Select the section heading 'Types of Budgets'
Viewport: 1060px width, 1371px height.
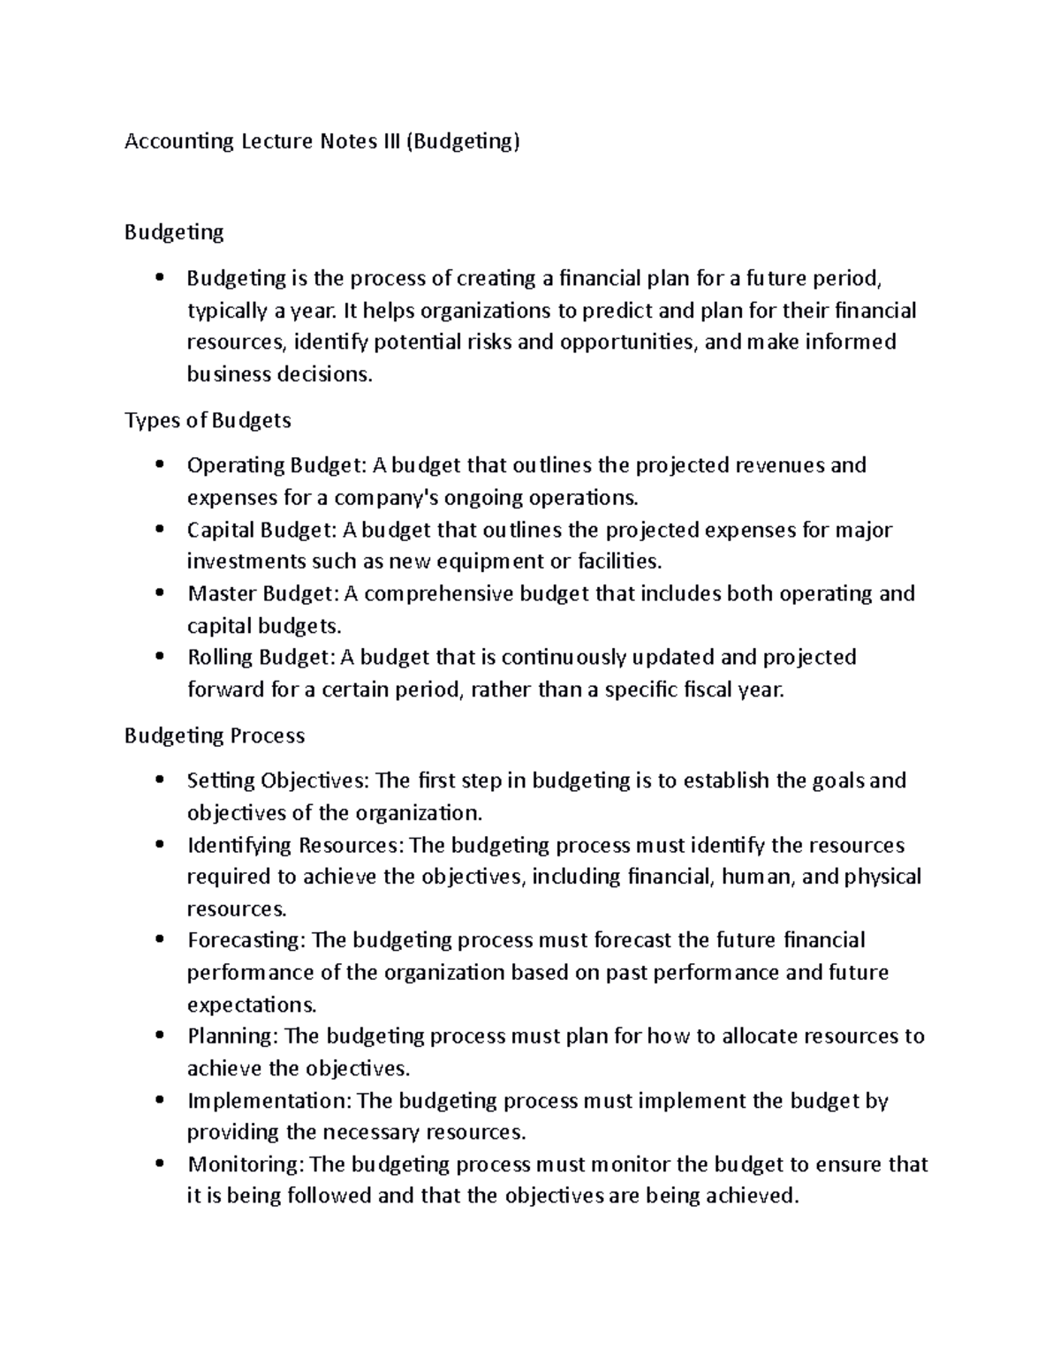point(208,420)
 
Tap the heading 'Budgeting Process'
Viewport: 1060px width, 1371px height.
point(215,735)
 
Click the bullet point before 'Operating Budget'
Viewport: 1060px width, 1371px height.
point(159,465)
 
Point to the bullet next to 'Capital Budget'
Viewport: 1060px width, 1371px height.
point(159,530)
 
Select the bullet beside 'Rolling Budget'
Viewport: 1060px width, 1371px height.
point(159,657)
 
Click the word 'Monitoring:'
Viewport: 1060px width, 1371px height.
point(245,1164)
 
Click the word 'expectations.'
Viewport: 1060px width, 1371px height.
point(252,1005)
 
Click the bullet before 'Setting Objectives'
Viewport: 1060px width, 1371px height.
point(159,780)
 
